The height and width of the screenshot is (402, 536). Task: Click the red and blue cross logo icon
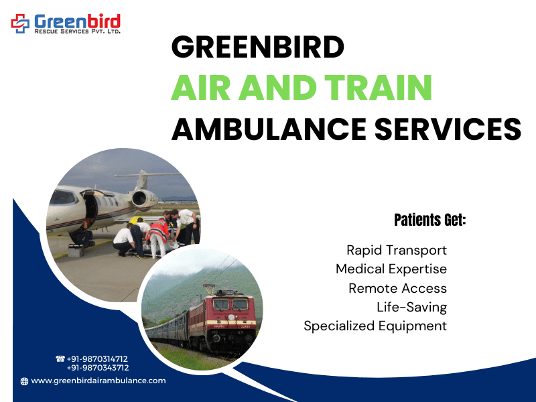(x=21, y=23)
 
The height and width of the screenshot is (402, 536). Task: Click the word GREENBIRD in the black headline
(x=258, y=47)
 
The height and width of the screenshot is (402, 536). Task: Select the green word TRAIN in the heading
(x=378, y=88)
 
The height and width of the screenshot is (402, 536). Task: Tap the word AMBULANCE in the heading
(x=269, y=129)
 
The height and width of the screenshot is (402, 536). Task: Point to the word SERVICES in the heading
(x=448, y=129)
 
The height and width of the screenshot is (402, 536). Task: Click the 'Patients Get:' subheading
(x=430, y=220)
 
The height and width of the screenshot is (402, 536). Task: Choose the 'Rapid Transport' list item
(x=397, y=250)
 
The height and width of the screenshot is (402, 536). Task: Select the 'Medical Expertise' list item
(x=391, y=269)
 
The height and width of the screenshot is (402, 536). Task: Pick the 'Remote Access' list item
(x=397, y=288)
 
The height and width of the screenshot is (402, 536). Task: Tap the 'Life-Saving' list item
(x=411, y=308)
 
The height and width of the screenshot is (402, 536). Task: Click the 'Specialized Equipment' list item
(x=375, y=326)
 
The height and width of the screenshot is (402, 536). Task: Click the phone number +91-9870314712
(x=97, y=359)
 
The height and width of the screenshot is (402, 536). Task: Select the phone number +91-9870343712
(x=98, y=368)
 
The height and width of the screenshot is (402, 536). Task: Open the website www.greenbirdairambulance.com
(x=98, y=381)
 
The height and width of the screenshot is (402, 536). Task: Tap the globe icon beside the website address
(x=24, y=381)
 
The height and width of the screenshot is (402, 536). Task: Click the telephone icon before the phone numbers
(x=60, y=358)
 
